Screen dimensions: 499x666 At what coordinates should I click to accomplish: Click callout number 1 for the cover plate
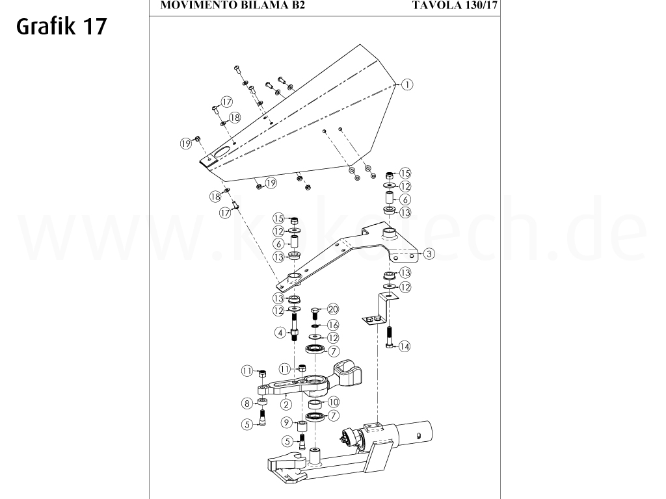click(408, 84)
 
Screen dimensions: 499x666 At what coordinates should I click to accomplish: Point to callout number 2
click(286, 403)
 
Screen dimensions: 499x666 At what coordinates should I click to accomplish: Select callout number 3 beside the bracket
click(429, 254)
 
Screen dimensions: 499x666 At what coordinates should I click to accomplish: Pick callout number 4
click(280, 333)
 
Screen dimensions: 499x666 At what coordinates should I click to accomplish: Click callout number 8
click(246, 403)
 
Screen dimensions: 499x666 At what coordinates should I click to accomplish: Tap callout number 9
click(286, 423)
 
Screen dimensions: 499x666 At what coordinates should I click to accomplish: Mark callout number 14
click(405, 347)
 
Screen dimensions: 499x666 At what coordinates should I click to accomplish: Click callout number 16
click(332, 324)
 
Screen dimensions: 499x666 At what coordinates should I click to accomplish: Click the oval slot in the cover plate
click(221, 151)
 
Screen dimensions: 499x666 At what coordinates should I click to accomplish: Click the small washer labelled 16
click(315, 324)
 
